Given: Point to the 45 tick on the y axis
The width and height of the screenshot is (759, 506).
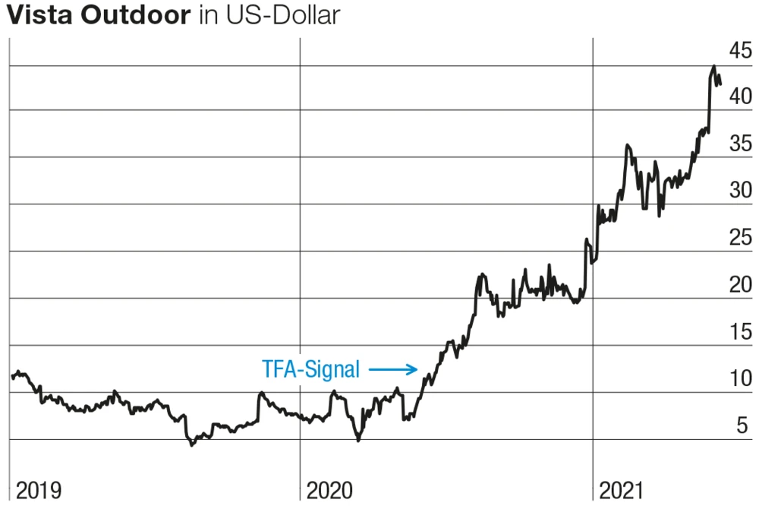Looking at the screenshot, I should pyautogui.click(x=740, y=51).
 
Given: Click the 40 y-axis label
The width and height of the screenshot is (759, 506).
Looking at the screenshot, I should pyautogui.click(x=740, y=97).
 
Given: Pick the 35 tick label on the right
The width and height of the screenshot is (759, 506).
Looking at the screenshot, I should pyautogui.click(x=740, y=144).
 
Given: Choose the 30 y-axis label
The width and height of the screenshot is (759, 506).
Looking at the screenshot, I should pyautogui.click(x=740, y=191).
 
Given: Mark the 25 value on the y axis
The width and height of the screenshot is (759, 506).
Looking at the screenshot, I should pyautogui.click(x=740, y=238).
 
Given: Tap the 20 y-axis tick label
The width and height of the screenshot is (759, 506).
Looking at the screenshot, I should pyautogui.click(x=740, y=285).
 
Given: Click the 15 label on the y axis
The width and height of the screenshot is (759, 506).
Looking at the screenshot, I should pyautogui.click(x=740, y=332).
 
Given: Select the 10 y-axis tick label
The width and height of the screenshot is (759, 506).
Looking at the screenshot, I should pyautogui.click(x=740, y=378).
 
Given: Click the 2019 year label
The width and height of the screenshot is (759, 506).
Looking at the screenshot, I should pyautogui.click(x=38, y=490).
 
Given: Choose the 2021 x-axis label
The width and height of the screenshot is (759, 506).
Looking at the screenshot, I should pyautogui.click(x=622, y=490).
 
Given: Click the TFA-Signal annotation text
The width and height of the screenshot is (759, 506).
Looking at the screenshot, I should pyautogui.click(x=310, y=370).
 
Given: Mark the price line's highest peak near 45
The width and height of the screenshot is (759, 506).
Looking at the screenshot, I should pyautogui.click(x=713, y=67).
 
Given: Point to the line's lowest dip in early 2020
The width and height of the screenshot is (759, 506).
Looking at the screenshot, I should pyautogui.click(x=358, y=440).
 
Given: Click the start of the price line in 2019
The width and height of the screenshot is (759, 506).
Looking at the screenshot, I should pyautogui.click(x=12, y=376).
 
